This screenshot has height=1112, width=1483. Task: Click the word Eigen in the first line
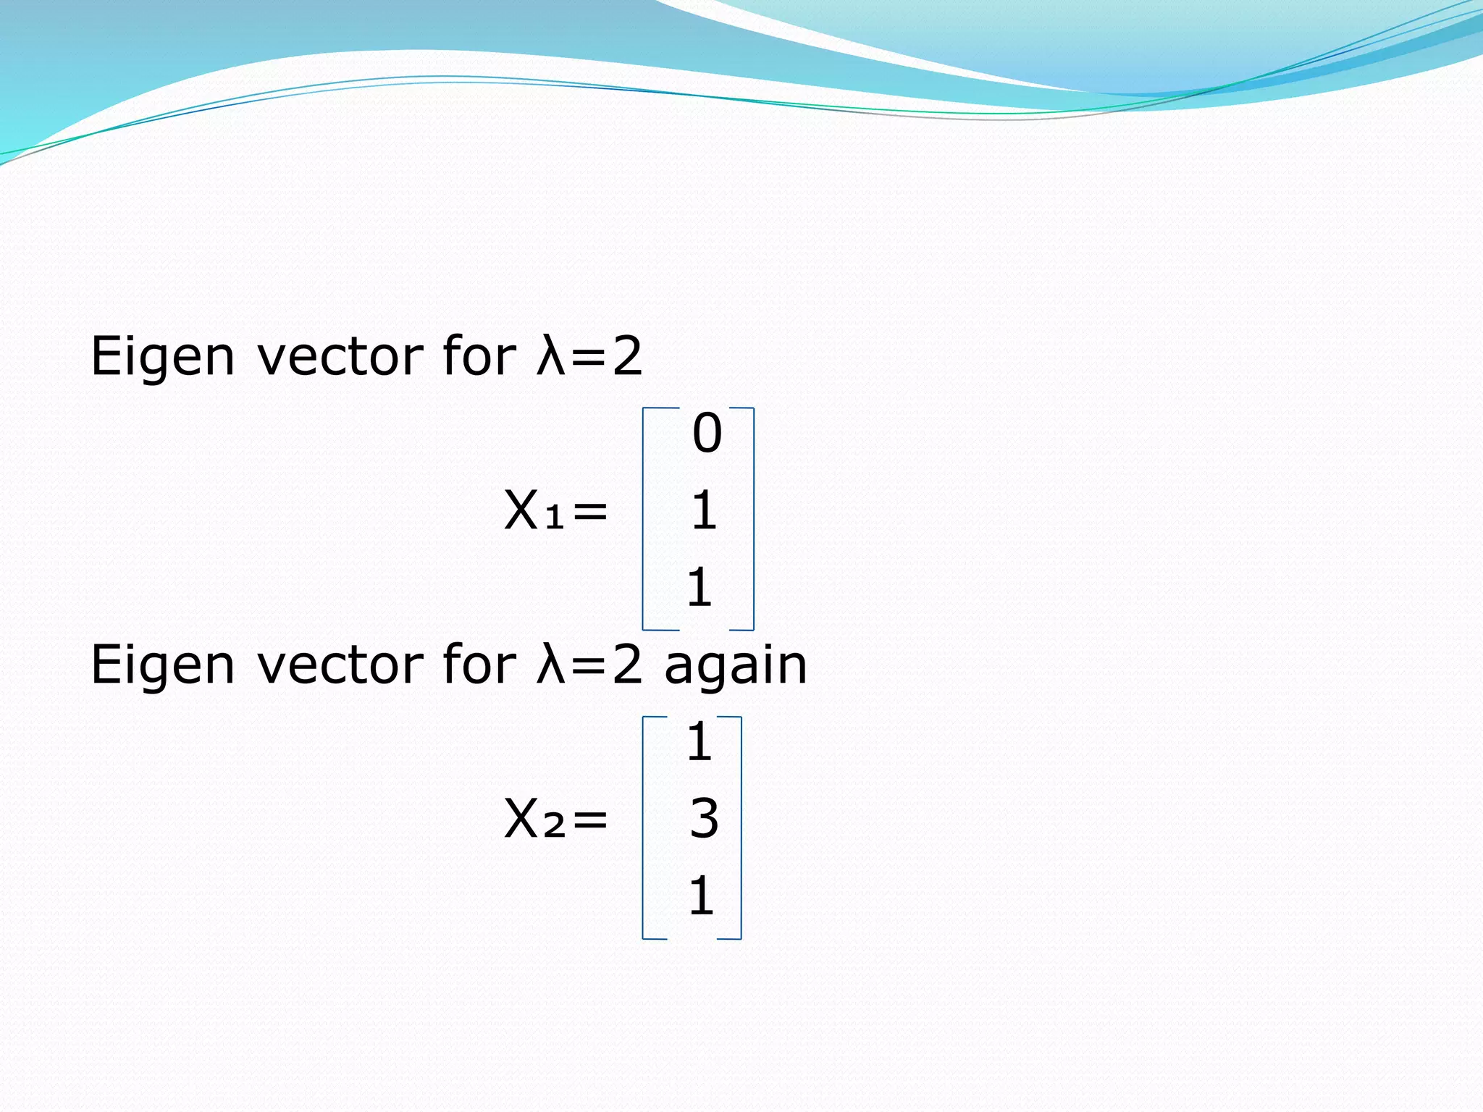point(162,358)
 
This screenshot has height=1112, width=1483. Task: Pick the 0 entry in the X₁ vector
point(707,434)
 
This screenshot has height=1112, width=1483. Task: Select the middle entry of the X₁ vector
point(704,511)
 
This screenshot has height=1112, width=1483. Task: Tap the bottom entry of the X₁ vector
point(700,588)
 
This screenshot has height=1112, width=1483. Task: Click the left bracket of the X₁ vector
point(644,518)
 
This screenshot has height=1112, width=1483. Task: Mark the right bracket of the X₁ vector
point(752,518)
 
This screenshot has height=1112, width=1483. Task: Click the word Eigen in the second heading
point(162,666)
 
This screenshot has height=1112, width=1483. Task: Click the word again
point(736,666)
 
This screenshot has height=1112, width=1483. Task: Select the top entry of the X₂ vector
point(700,742)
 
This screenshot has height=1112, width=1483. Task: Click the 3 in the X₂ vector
point(704,820)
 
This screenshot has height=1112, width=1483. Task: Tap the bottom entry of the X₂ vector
point(701,896)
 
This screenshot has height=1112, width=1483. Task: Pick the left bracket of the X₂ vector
point(644,827)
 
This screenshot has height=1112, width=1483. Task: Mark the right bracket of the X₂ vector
point(740,827)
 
